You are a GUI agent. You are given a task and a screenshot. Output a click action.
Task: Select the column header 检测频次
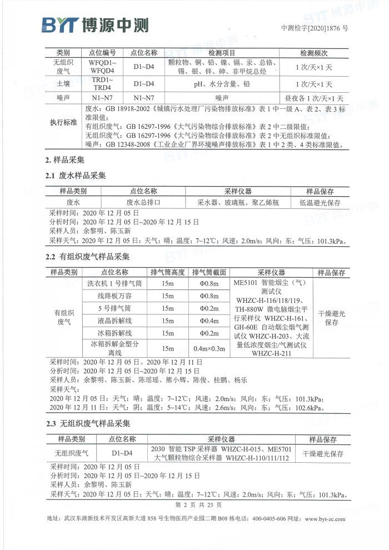(314, 53)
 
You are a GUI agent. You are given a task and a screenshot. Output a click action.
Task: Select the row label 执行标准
(64, 122)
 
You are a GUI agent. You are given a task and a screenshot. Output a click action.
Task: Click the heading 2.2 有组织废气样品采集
(87, 257)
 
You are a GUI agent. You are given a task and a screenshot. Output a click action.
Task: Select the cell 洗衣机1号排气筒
(114, 284)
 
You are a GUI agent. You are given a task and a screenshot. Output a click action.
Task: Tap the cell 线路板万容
(114, 296)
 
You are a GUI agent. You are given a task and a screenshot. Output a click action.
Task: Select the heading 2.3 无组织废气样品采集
(87, 424)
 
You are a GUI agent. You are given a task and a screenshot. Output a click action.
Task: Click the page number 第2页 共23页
(198, 505)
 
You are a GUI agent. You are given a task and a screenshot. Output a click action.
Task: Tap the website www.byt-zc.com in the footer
(325, 519)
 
